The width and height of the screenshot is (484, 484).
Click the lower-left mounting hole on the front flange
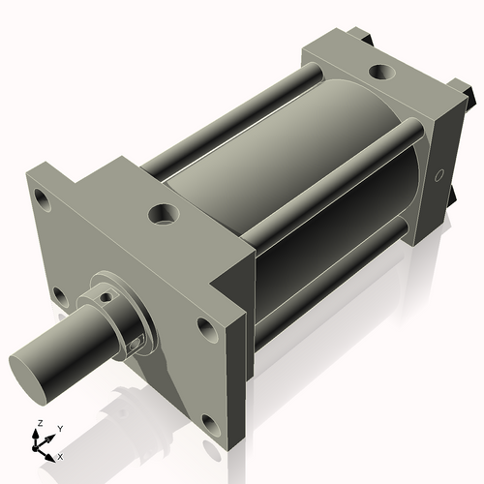coord(59,295)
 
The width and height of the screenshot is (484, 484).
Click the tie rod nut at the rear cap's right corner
coord(469,97)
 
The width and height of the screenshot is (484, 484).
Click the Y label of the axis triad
coord(59,427)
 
